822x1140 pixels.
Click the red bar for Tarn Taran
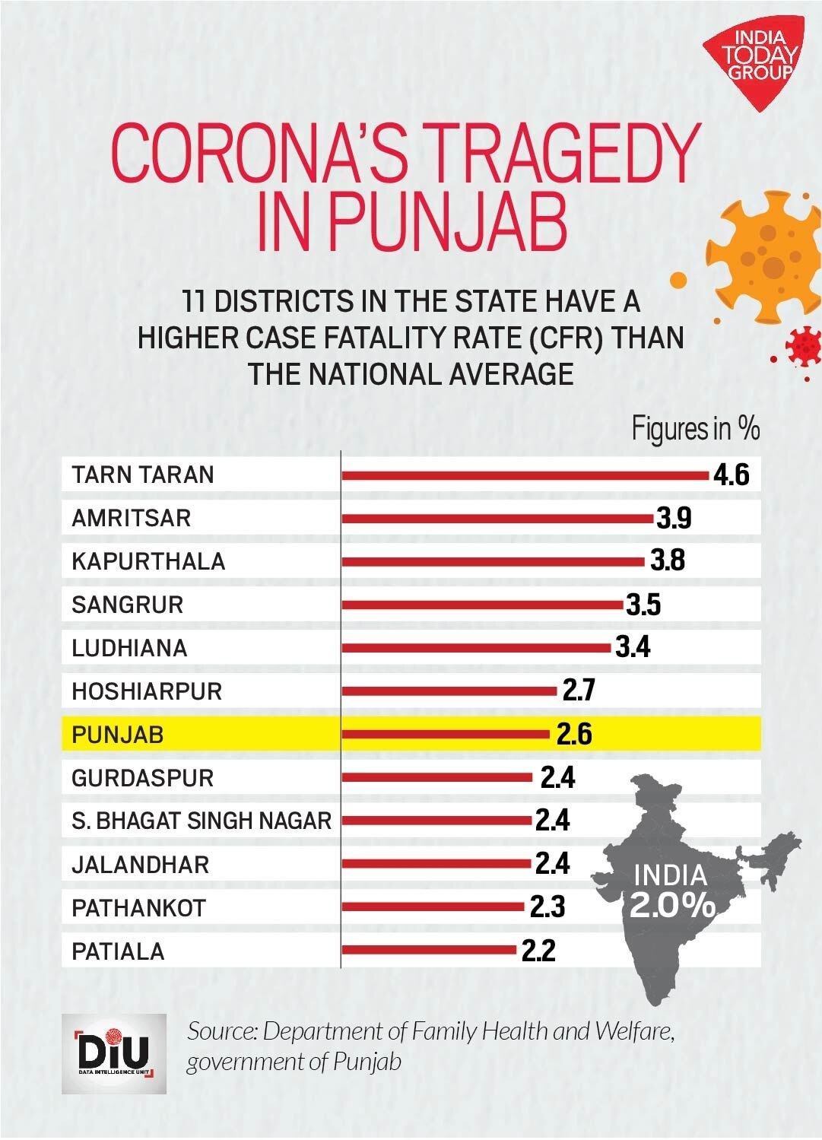pos(525,475)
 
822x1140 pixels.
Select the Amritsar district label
pos(132,518)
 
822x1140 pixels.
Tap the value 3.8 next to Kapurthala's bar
pos(668,560)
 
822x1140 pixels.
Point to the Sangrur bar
pos(482,605)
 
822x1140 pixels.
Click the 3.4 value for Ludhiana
pos(633,647)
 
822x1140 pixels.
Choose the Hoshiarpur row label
pos(147,691)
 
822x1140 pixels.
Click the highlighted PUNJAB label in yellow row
pos(118,735)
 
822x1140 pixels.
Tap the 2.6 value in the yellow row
pos(574,735)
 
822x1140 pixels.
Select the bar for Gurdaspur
pos(437,777)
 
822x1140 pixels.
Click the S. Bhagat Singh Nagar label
pos(202,821)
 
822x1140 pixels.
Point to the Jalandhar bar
pos(436,864)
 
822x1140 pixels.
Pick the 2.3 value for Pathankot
pos(547,907)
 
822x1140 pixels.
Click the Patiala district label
pos(118,951)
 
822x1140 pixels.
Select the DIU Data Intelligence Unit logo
pos(114,1053)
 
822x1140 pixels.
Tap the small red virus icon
pos(803,346)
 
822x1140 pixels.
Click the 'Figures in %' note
pos(695,430)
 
